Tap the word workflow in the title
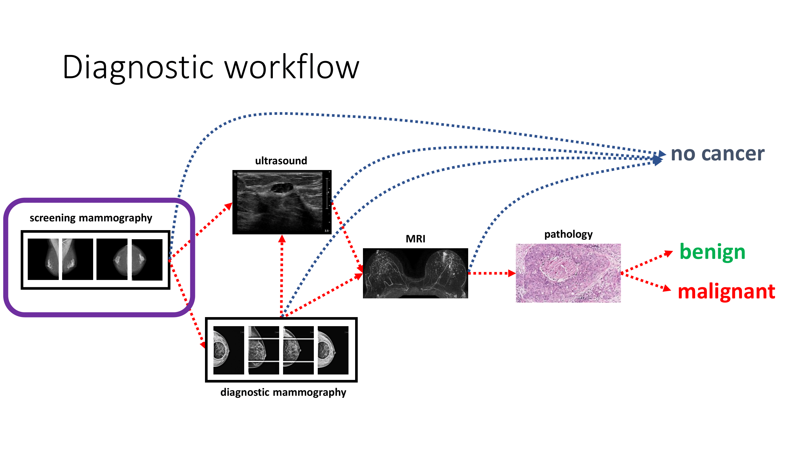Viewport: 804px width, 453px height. (x=292, y=67)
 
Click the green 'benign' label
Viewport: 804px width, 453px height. (x=712, y=252)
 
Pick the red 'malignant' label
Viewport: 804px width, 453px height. (x=726, y=291)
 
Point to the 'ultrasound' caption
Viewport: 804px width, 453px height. (x=281, y=161)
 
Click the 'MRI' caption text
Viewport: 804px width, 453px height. (x=415, y=239)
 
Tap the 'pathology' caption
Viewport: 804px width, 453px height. (x=568, y=234)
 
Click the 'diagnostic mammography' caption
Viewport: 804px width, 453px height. (x=283, y=392)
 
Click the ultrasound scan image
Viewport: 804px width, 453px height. (x=282, y=202)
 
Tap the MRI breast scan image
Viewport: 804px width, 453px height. (x=415, y=273)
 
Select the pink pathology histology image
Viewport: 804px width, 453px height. (x=568, y=273)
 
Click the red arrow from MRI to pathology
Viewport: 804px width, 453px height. (x=492, y=273)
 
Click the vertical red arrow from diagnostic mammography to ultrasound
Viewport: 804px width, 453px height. (x=282, y=275)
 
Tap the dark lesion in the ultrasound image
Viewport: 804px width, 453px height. (x=282, y=188)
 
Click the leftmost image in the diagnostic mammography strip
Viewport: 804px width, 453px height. (x=229, y=350)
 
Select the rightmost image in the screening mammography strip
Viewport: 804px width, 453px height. (x=147, y=259)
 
